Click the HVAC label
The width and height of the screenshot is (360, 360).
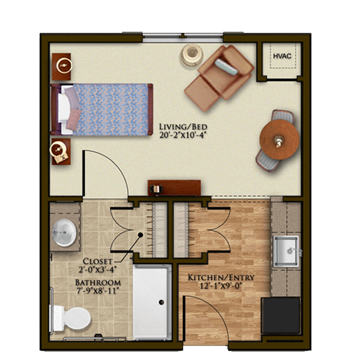click(282, 56)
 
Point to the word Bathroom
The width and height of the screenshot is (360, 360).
click(98, 283)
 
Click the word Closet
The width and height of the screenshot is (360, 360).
click(97, 261)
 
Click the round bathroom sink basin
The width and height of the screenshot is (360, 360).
click(64, 233)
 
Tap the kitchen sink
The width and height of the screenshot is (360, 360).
click(287, 251)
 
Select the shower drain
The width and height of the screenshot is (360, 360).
click(161, 302)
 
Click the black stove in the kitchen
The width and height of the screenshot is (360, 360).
click(281, 315)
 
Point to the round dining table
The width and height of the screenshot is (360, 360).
click(279, 140)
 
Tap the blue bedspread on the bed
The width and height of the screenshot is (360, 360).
click(111, 110)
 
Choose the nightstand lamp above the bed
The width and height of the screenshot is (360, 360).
click(64, 65)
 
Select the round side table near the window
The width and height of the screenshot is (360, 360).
click(192, 55)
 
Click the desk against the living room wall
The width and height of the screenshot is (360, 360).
click(174, 188)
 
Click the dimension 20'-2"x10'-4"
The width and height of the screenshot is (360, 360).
click(182, 135)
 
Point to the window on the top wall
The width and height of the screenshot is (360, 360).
click(183, 38)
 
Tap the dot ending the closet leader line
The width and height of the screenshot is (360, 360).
click(140, 235)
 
